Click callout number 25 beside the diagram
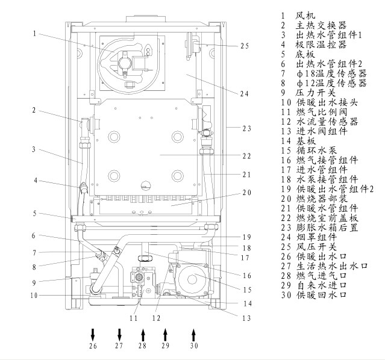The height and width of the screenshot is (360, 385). coord(244,46)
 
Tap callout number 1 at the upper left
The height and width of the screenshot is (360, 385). coord(34,33)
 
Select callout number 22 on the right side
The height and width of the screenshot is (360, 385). coord(247,157)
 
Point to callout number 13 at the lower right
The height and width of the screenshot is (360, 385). coord(246,318)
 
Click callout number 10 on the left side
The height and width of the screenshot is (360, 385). coord(34,295)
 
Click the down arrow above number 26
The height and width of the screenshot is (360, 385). coord(93,335)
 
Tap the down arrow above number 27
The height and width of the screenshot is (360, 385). coord(119,335)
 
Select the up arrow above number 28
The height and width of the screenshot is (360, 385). coord(143,335)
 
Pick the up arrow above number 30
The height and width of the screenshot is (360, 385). coord(194,335)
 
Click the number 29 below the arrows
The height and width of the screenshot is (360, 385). coord(166,346)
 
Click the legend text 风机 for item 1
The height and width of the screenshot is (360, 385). coord(305,16)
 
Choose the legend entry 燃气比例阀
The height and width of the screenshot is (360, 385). coord(322,112)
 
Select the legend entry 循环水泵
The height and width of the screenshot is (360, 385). coord(316,151)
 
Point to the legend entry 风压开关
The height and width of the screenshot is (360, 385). coord(316,247)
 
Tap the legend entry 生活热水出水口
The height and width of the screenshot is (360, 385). coord(332,266)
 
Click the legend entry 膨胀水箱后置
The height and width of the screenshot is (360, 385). coord(327,228)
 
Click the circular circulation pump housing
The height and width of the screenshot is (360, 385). coord(192,279)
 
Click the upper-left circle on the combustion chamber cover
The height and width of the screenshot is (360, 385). coord(114,137)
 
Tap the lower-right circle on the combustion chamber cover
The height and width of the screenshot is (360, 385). coord(178,176)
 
